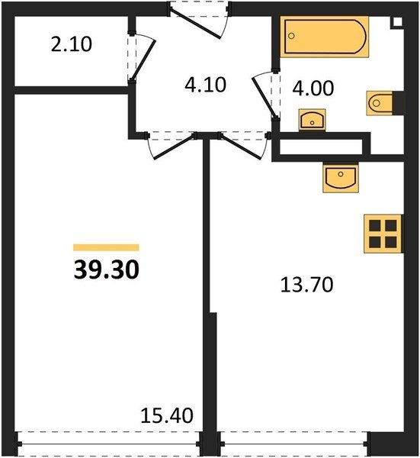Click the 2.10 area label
tap(72, 44)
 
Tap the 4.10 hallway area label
tap(205, 85)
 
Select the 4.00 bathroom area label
tap(313, 89)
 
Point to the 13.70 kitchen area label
tap(306, 285)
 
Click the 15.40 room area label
tap(167, 416)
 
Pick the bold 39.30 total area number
tap(107, 270)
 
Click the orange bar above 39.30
tap(106, 247)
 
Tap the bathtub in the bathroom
tap(324, 37)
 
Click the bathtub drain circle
tap(291, 36)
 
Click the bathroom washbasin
tap(312, 120)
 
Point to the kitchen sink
tap(341, 178)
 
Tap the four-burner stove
tap(383, 234)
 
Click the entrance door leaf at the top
tap(194, 24)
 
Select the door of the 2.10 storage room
tap(143, 61)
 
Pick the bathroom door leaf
tap(264, 98)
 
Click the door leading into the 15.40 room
tap(174, 147)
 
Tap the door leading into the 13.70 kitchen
tap(240, 147)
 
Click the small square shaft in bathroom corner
tap(398, 22)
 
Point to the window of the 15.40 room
tap(108, 443)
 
